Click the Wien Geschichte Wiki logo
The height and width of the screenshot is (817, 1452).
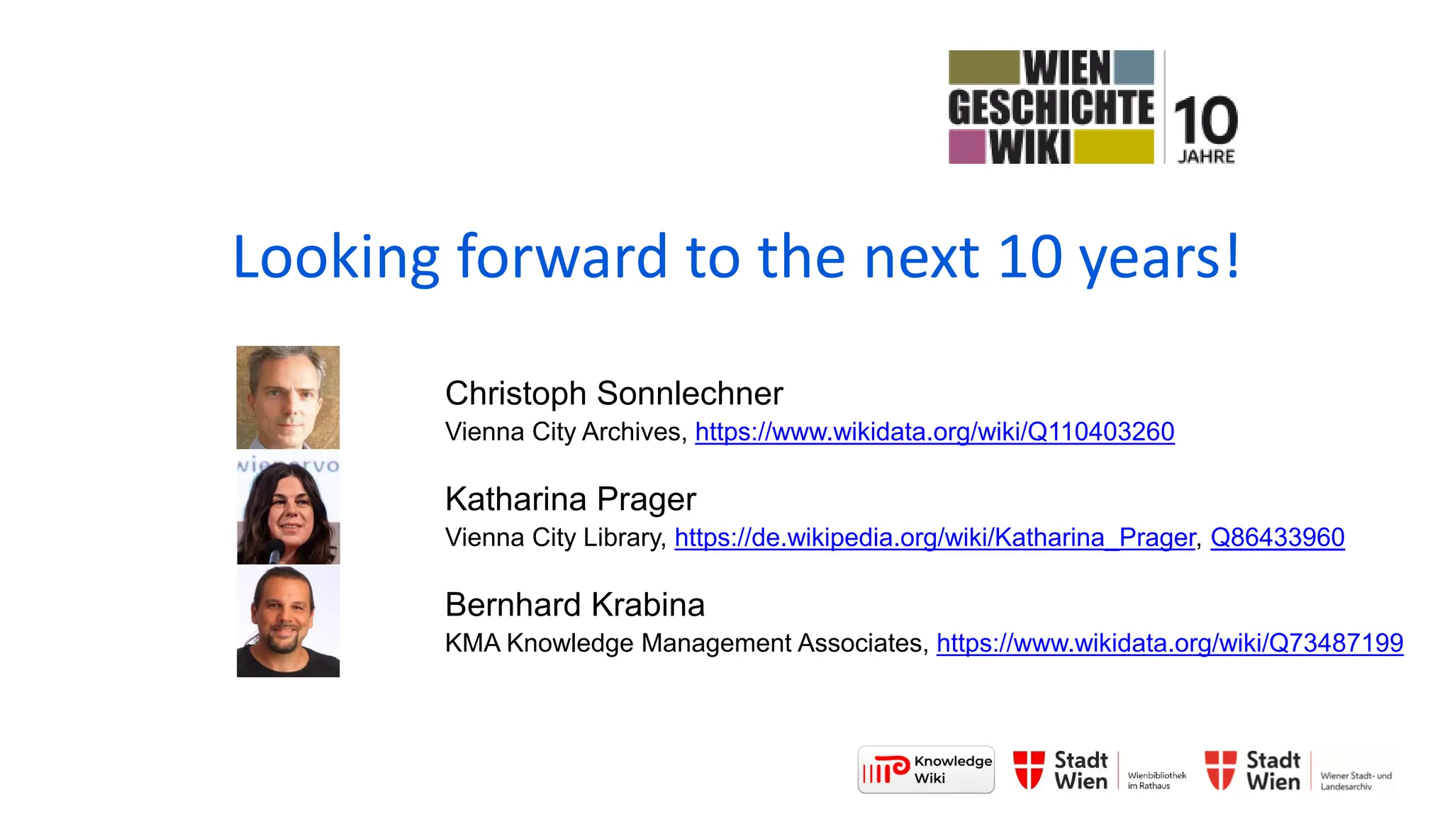coord(1051,107)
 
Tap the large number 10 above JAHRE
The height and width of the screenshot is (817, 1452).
coord(1205,121)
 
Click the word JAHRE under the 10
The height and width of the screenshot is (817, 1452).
coord(1206,157)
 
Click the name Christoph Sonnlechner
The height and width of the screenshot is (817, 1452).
coord(614,394)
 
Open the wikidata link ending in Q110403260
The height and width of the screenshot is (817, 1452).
coord(934,432)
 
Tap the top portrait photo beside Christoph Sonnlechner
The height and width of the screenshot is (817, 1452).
coord(288,397)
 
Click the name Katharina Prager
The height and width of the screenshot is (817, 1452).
coord(570,499)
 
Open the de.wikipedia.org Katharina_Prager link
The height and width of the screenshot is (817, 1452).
coord(934,538)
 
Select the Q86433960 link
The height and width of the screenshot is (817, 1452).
coord(1277,538)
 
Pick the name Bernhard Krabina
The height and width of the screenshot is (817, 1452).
coord(574,605)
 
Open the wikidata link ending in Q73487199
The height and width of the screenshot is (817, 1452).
coord(1169,643)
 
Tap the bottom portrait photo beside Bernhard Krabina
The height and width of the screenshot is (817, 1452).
coord(288,622)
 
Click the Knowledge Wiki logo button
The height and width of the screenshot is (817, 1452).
coord(926,769)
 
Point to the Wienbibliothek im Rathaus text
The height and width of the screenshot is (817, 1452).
coord(1156,780)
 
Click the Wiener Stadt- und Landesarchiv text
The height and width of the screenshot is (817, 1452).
coord(1356,781)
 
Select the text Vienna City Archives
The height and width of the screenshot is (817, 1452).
coord(563,432)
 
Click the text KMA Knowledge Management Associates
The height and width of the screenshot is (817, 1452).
coord(683,643)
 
